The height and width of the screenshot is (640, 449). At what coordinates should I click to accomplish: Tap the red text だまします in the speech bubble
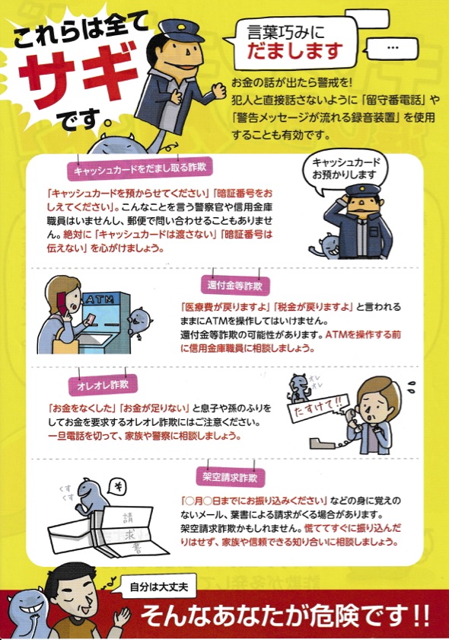(295, 51)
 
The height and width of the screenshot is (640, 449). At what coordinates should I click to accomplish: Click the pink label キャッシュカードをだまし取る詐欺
(140, 168)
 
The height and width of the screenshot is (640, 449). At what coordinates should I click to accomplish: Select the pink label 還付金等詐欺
(234, 285)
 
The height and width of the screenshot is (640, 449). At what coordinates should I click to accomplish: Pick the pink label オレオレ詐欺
(103, 385)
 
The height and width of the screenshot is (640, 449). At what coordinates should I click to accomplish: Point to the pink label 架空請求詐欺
(231, 477)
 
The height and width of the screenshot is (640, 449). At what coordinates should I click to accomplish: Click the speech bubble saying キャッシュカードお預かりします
(346, 170)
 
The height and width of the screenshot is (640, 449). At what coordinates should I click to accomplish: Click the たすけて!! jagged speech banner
(317, 408)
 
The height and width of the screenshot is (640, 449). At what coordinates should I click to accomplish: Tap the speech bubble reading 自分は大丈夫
(158, 587)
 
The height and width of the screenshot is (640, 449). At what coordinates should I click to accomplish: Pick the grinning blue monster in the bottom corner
(27, 611)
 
